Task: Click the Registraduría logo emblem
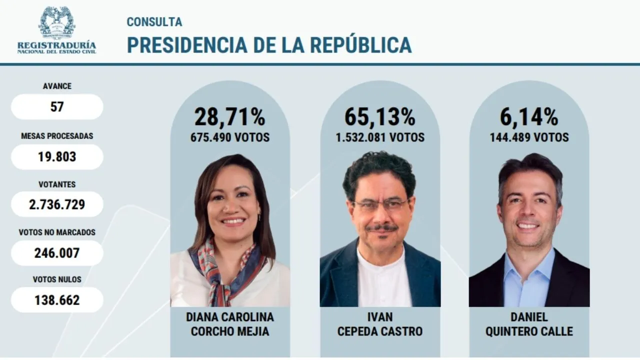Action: click(x=56, y=22)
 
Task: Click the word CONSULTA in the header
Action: click(x=154, y=22)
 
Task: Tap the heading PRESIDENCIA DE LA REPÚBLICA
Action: click(x=269, y=44)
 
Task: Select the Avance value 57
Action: click(x=57, y=106)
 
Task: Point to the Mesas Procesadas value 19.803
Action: click(x=57, y=156)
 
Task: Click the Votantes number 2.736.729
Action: click(x=57, y=204)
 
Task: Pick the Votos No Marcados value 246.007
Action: click(x=57, y=253)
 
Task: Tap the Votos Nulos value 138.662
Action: click(x=57, y=300)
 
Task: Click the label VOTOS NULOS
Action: click(x=57, y=279)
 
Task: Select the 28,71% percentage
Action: click(x=229, y=117)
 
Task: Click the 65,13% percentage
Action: click(x=380, y=117)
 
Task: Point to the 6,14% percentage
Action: click(x=529, y=117)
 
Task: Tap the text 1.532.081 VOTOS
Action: click(x=380, y=137)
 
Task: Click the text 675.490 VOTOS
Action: click(x=229, y=137)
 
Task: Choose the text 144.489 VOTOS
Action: click(x=529, y=137)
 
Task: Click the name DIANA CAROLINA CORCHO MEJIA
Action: click(x=230, y=324)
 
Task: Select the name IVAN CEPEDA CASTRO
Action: click(x=380, y=324)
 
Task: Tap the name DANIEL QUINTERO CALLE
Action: click(x=529, y=324)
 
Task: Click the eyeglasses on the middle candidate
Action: click(x=381, y=204)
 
